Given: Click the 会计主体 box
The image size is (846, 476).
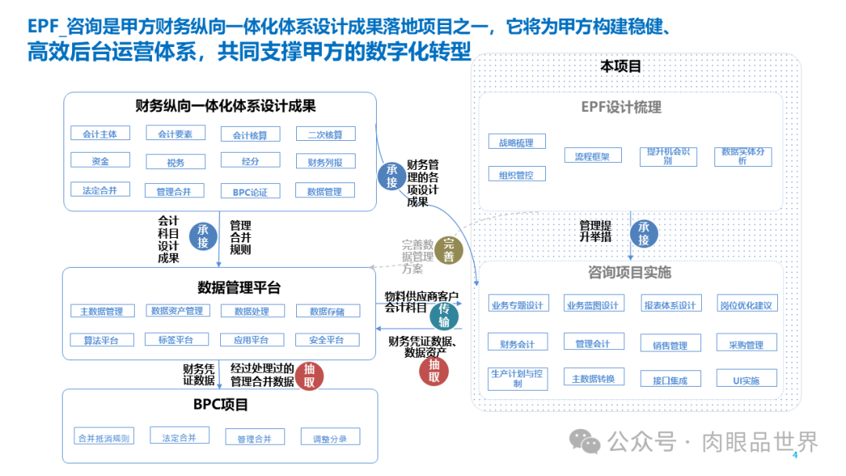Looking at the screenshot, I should [99, 134].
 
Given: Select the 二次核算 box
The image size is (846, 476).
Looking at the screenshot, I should [325, 135].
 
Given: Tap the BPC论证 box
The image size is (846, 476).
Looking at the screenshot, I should [250, 192].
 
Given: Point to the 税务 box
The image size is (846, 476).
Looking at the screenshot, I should [175, 162].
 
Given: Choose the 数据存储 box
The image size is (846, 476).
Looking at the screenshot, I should [325, 312].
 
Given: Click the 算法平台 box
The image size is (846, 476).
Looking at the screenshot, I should [99, 340].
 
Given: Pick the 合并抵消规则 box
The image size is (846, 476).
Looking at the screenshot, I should [103, 438].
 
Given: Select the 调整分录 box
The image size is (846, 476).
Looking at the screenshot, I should [330, 438].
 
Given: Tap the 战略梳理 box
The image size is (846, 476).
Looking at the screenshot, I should [516, 142].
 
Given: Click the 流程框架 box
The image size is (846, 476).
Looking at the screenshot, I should [592, 156].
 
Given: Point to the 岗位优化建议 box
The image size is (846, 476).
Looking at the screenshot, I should [747, 305].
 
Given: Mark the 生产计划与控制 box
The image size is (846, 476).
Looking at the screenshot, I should [516, 378].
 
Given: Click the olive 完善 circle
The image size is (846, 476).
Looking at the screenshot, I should [449, 250].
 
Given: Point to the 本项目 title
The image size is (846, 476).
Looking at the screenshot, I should [620, 67].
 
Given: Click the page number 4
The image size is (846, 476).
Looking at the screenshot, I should [796, 455].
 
